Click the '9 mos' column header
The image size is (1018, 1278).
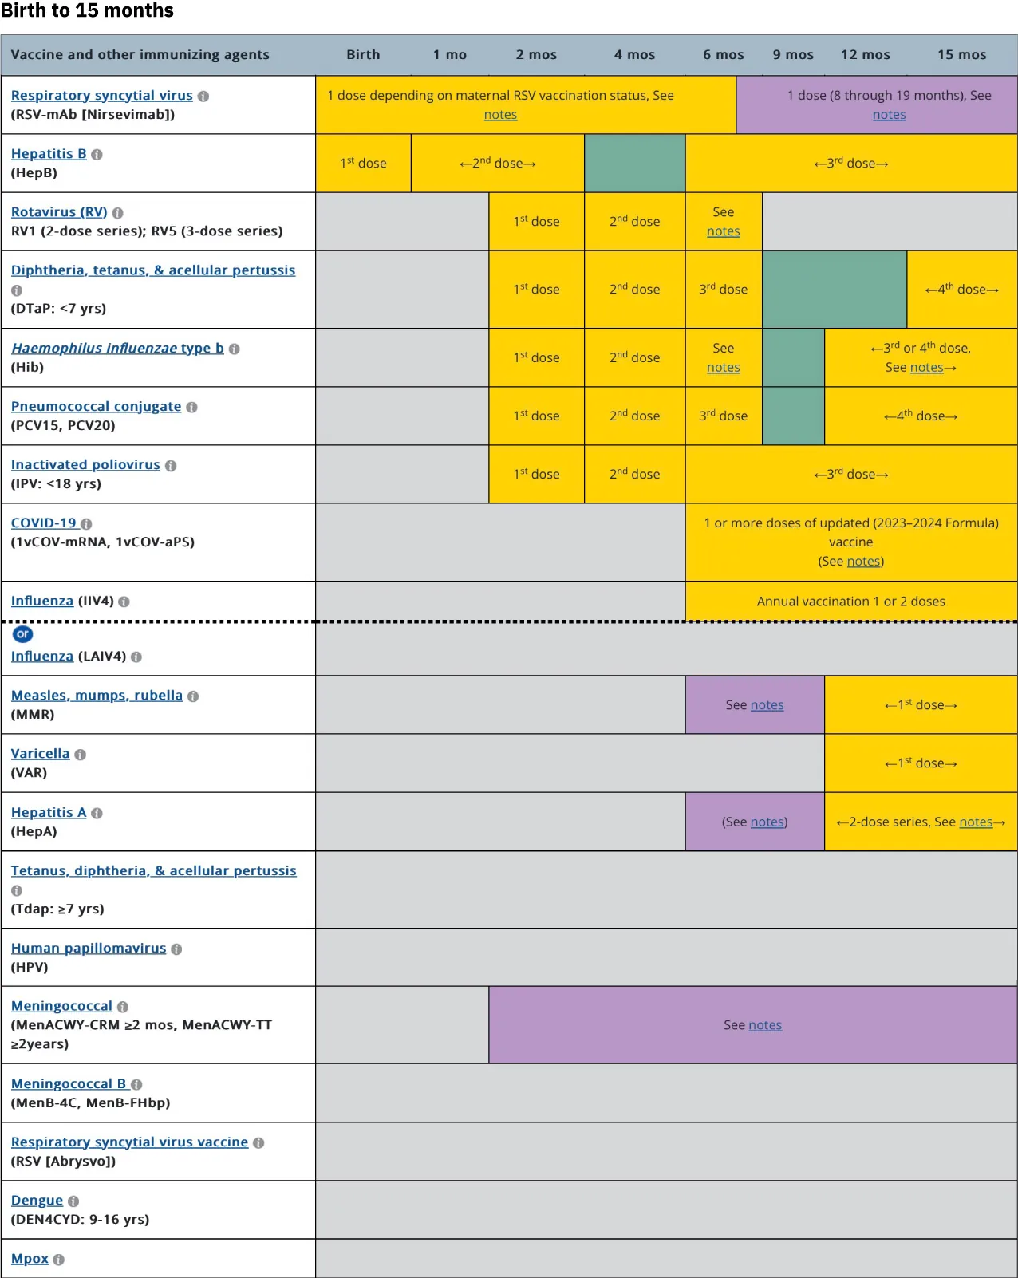(793, 55)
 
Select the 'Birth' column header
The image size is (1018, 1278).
(363, 55)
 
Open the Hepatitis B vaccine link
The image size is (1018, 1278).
(49, 154)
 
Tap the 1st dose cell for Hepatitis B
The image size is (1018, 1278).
(363, 164)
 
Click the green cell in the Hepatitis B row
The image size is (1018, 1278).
(634, 164)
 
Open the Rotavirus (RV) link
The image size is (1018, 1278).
(59, 212)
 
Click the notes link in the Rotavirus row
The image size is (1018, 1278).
(723, 231)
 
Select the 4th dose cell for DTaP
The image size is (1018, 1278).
(961, 290)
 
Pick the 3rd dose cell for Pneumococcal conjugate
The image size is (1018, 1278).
(723, 416)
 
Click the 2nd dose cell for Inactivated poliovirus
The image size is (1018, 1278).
(634, 474)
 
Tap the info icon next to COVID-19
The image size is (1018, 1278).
(86, 524)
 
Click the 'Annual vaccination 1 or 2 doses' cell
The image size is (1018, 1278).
(850, 602)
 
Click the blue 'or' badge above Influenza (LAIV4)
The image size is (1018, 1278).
(22, 634)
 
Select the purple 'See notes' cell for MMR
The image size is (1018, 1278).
(754, 705)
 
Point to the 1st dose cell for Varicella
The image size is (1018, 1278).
(920, 763)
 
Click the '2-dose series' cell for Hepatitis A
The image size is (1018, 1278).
(920, 822)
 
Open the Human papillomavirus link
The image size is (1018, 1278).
(89, 949)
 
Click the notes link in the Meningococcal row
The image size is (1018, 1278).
(764, 1025)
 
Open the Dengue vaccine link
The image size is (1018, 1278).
(37, 1201)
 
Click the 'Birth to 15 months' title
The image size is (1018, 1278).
(87, 11)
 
